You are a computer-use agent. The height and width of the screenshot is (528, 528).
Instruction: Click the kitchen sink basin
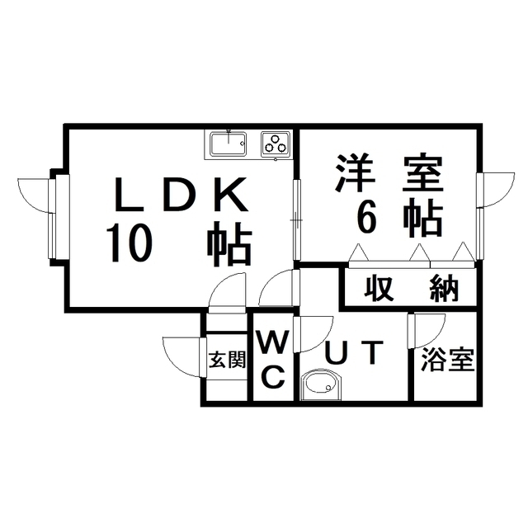click(228, 144)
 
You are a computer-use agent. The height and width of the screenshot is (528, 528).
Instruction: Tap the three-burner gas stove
click(276, 144)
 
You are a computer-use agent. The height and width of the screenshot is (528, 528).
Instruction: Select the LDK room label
click(181, 195)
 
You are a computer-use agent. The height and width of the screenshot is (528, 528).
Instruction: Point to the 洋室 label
click(389, 174)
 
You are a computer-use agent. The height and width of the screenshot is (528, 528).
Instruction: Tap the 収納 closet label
click(412, 288)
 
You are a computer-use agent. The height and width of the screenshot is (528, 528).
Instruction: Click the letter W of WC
click(273, 341)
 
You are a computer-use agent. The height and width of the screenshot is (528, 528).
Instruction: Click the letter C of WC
click(273, 377)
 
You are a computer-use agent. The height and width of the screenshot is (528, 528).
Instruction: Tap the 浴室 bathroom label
click(447, 360)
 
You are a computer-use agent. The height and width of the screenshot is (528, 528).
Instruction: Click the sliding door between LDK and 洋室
click(296, 220)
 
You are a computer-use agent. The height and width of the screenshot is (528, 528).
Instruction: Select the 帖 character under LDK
click(229, 243)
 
